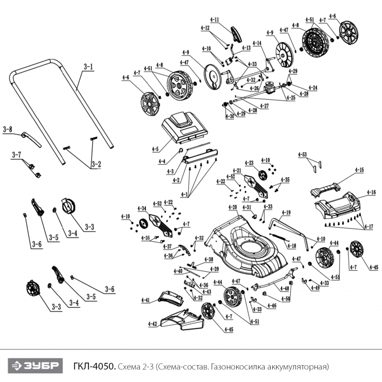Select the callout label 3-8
point(7,129)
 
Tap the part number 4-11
point(214,20)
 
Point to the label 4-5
point(156,148)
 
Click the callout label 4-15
point(359,170)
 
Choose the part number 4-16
point(371,192)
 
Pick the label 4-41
point(145,300)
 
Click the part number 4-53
point(303,154)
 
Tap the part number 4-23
point(249,162)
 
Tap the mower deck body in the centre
point(248,246)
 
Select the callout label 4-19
point(286,212)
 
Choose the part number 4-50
point(284,300)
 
